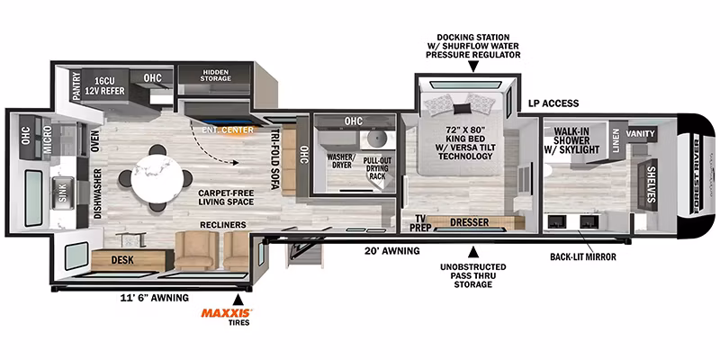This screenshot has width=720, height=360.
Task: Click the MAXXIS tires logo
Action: [x=227, y=313]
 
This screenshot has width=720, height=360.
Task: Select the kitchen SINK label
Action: [x=62, y=193]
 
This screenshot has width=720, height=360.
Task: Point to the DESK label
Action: [x=122, y=260]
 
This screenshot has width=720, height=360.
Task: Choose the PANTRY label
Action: [x=76, y=85]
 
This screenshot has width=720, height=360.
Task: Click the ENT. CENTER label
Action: [x=228, y=130]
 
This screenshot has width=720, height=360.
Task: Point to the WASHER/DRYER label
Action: [x=340, y=160]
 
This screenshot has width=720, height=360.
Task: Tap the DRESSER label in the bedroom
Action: [x=469, y=222]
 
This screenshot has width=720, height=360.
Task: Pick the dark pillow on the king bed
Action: [x=463, y=109]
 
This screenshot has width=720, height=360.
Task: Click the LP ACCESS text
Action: [x=553, y=103]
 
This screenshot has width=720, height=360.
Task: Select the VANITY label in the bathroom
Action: [x=640, y=133]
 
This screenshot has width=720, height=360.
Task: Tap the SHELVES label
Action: [x=650, y=184]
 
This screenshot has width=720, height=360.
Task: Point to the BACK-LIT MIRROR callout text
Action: [x=583, y=257]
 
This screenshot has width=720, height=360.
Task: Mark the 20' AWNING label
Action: [x=392, y=251]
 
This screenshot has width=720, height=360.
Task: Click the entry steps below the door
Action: [x=301, y=254]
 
